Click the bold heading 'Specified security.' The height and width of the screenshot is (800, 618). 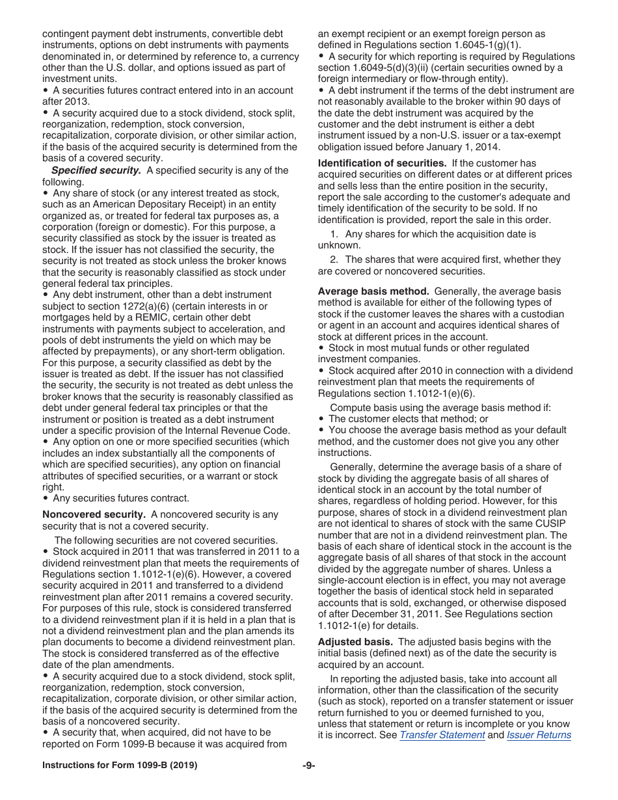pos(96,170)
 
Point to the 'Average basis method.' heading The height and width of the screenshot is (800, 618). pos(373,291)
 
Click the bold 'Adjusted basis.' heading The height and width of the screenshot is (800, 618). pos(355,642)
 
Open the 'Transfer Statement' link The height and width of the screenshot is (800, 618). pos(442,736)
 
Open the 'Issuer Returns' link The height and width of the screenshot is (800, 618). pos(539,736)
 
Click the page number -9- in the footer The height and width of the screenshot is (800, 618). pos(309,766)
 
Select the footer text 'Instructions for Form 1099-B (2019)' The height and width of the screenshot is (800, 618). pos(120,766)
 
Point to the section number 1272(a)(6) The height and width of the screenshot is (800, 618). pos(143,306)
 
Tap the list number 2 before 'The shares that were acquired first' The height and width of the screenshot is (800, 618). pos(334,260)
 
